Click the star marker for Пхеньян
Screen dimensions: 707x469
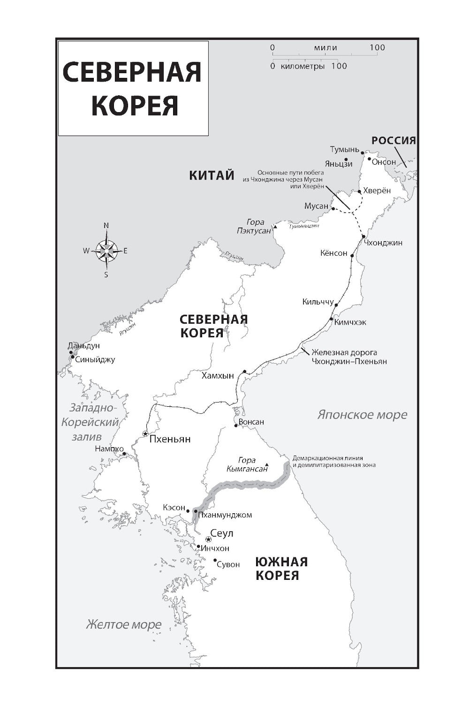[x=145, y=433]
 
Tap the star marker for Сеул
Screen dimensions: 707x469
[x=208, y=539]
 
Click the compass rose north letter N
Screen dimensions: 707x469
[x=106, y=226]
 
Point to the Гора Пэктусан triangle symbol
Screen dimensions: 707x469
[x=276, y=227]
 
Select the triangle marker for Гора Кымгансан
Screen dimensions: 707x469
[x=266, y=462]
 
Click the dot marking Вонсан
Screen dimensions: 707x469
[x=235, y=426]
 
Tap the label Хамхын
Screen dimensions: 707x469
[x=218, y=376]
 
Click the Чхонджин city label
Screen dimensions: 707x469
[x=383, y=243]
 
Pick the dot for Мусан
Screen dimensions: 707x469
[x=333, y=208]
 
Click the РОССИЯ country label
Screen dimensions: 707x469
[x=394, y=140]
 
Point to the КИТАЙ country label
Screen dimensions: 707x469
[x=212, y=175]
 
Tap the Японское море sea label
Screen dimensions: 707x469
[x=362, y=415]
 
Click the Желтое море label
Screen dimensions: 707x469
[x=124, y=624]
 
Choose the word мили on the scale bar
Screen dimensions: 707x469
[x=325, y=47]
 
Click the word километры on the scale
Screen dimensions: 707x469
[x=303, y=66]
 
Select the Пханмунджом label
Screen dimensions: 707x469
[x=225, y=515]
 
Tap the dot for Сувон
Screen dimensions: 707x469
[x=215, y=560]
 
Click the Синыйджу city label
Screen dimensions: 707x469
[x=95, y=360]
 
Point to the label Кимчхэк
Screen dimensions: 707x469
[x=350, y=322]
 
